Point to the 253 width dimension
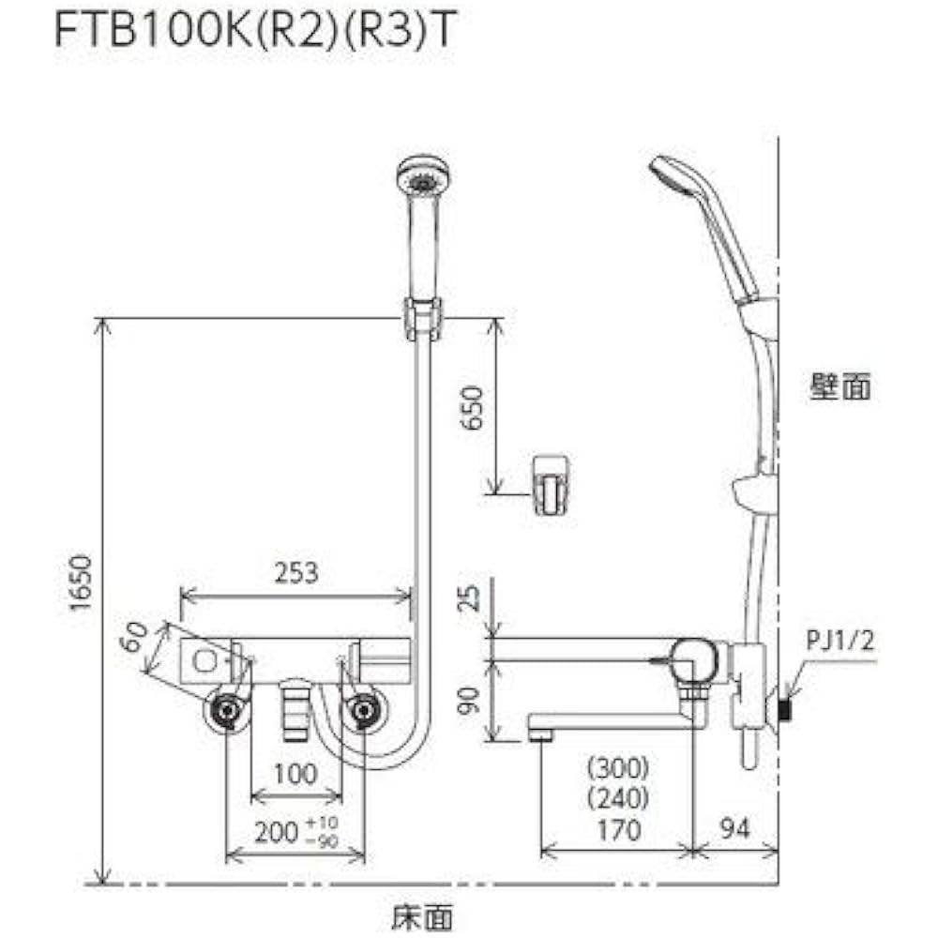pyautogui.click(x=295, y=572)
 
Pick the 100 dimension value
pyautogui.click(x=296, y=774)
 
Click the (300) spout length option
pyautogui.click(x=617, y=769)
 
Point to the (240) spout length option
pyautogui.click(x=617, y=799)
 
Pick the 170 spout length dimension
pyautogui.click(x=617, y=830)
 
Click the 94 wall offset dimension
pyautogui.click(x=736, y=830)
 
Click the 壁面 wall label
pyautogui.click(x=840, y=386)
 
